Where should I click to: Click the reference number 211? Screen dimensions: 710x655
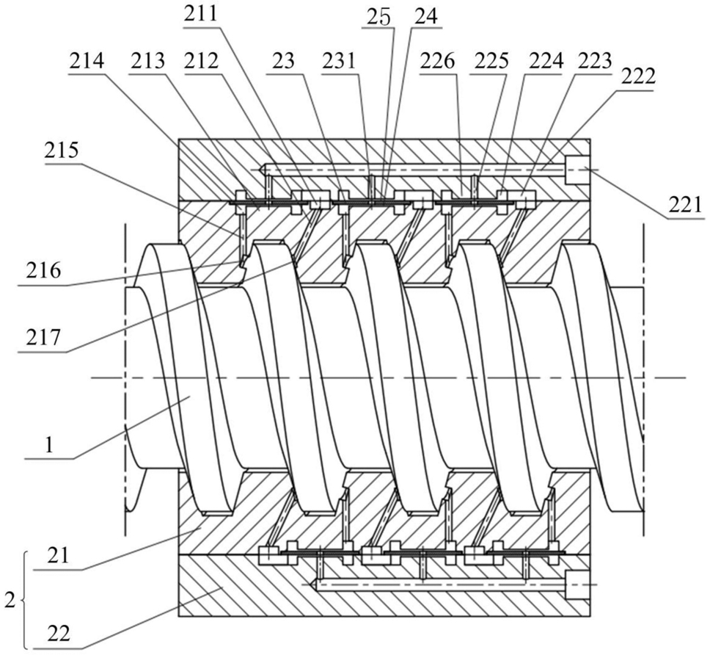point(200,15)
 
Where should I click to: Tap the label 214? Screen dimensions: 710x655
point(87,61)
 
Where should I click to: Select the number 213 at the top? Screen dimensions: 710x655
point(147,61)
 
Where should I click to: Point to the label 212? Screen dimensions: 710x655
point(201,61)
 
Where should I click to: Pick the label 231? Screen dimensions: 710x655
point(340,61)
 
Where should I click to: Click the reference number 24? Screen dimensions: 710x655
point(426,17)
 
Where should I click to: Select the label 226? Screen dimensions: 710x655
point(437,61)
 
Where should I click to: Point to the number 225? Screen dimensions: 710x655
point(491,61)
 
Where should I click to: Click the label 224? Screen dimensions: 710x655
point(546,61)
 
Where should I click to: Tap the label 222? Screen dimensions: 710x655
point(638,77)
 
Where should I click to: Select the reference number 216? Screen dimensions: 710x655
point(43,271)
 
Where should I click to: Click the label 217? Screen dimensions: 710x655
point(43,337)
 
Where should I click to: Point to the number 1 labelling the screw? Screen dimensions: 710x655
point(50,446)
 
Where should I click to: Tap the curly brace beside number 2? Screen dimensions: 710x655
point(24,601)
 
